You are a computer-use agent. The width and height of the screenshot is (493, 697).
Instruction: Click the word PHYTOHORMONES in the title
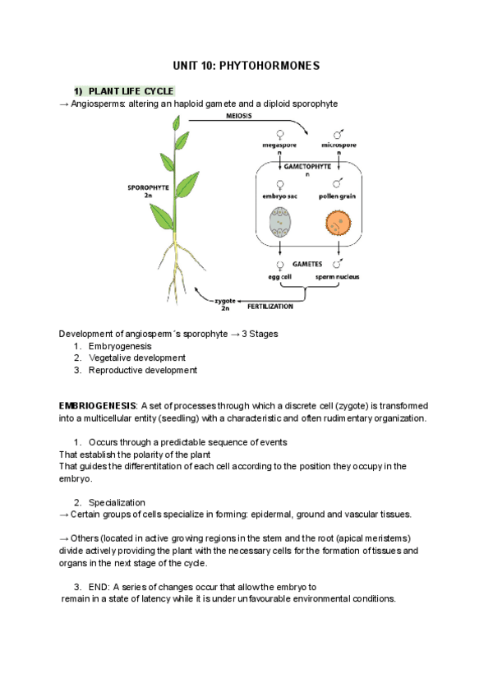[x=272, y=65]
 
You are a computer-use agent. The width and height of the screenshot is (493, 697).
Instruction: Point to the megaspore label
[x=279, y=145]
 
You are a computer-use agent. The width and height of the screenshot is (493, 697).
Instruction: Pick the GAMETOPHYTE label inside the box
[x=307, y=166]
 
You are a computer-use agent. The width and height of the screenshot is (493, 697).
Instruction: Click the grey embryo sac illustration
[x=280, y=221]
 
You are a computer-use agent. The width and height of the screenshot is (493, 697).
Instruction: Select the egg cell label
[x=280, y=277]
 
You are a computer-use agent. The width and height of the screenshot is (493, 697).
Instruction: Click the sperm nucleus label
[x=337, y=277]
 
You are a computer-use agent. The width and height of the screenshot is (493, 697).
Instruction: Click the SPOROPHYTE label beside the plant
[x=149, y=187]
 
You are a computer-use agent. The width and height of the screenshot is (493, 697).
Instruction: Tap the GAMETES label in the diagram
[x=309, y=265]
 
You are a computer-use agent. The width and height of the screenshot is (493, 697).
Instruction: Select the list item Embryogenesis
[x=121, y=346]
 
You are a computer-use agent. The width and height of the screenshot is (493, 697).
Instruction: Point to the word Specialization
[x=117, y=502]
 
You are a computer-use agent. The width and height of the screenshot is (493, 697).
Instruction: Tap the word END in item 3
[x=99, y=587]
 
